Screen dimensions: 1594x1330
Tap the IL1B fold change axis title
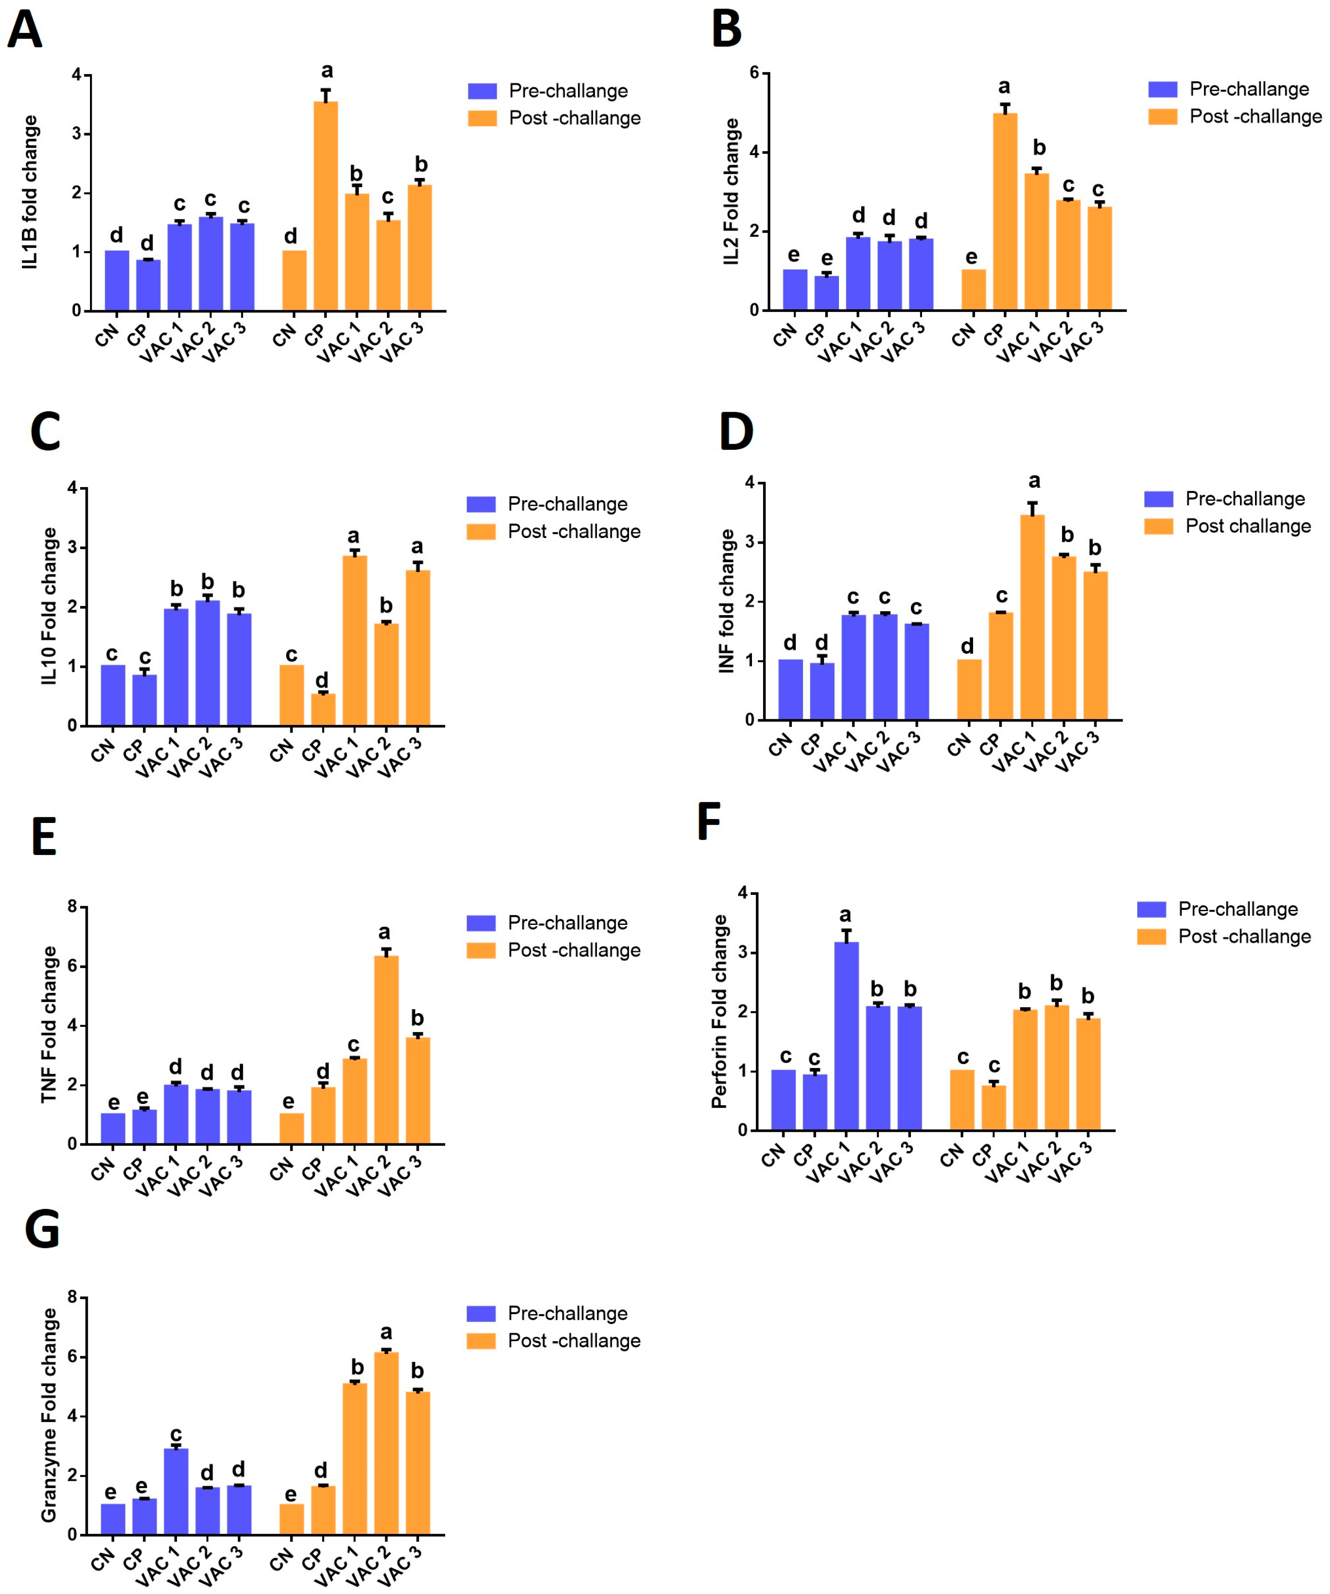pos(30,192)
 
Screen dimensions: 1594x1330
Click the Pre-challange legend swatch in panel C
pos(480,505)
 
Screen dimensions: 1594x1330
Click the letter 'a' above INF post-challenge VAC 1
pos(1034,481)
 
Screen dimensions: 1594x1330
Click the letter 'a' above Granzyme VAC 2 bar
pos(386,1332)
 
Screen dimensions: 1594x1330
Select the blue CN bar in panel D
pos(790,689)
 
